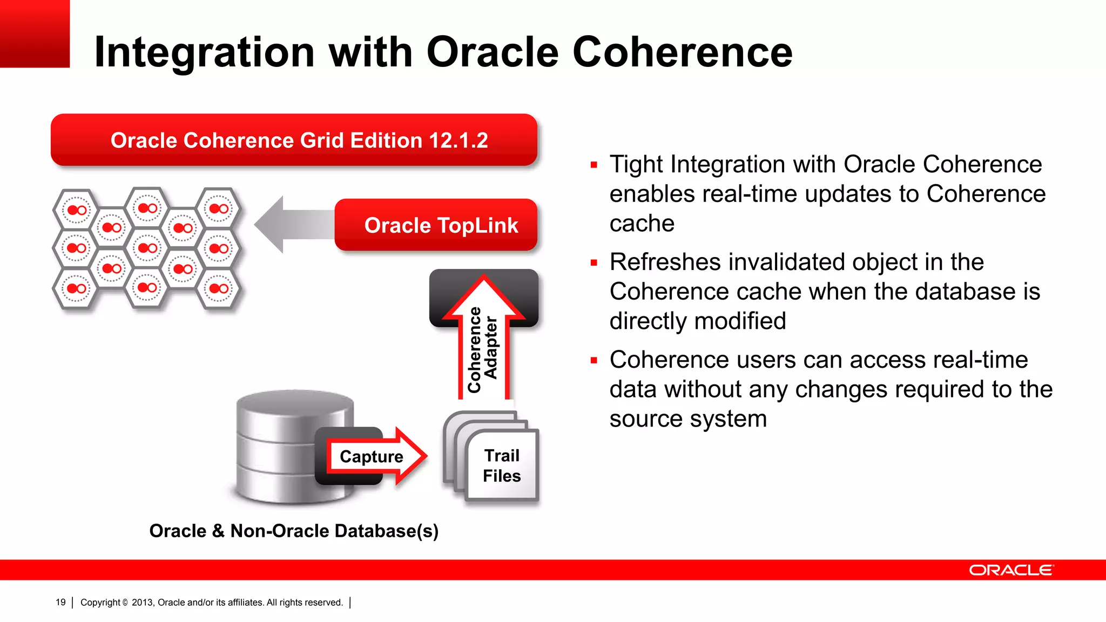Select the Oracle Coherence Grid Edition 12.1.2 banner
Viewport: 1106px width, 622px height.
click(294, 140)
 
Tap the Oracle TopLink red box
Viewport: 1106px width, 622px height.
click(436, 225)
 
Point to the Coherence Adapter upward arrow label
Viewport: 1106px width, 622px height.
click(483, 348)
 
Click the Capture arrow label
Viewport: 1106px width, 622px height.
click(372, 457)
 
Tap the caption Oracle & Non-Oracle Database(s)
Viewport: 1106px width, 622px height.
click(294, 531)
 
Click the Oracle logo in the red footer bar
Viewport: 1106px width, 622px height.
click(1011, 570)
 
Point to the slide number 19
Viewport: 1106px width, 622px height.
click(60, 603)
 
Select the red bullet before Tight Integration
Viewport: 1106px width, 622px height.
click(594, 165)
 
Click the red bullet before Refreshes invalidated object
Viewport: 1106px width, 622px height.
click(594, 263)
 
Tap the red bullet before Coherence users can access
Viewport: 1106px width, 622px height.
click(594, 361)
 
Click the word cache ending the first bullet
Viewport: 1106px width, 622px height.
click(642, 224)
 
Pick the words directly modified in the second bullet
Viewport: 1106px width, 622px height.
click(698, 321)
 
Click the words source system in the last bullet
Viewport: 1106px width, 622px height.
click(688, 419)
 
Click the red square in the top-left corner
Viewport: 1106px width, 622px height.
click(35, 33)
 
